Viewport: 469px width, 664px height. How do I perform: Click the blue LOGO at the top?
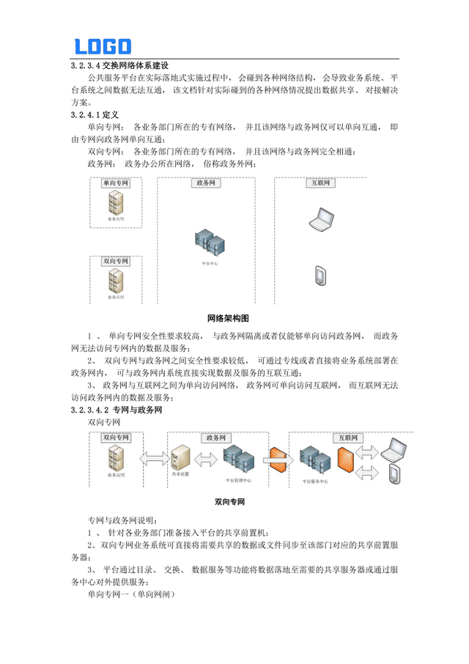point(103,46)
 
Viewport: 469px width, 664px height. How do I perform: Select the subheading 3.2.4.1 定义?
point(96,115)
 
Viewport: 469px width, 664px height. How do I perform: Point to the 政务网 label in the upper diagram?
point(205,183)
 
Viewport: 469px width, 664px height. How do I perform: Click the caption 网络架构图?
point(229,319)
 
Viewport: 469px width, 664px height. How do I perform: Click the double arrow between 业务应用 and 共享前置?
point(151,459)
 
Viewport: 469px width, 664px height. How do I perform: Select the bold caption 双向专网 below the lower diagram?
point(229,502)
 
